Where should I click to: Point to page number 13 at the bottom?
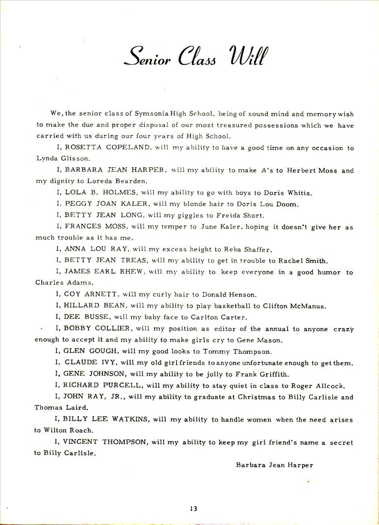pos(194,508)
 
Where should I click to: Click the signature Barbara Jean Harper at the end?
pos(275,465)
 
